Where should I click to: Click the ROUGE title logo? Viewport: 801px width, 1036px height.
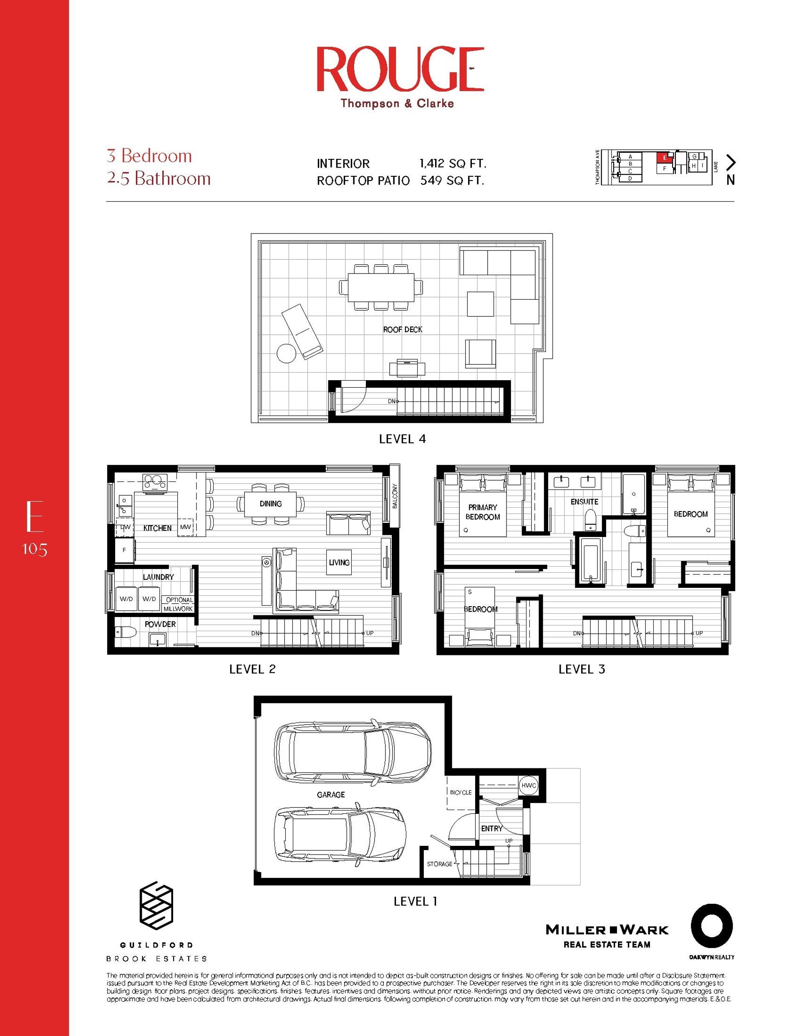(x=400, y=69)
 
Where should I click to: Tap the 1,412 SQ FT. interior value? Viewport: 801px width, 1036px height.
(x=453, y=164)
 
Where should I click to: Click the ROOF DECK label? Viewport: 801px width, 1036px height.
(x=403, y=329)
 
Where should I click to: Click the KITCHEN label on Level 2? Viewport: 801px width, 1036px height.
(x=157, y=528)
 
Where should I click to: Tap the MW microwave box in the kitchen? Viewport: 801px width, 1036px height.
(x=185, y=527)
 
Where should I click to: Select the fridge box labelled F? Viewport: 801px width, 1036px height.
(x=124, y=550)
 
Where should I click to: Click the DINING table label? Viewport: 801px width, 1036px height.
(x=271, y=504)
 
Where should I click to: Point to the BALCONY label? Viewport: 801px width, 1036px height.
(x=395, y=496)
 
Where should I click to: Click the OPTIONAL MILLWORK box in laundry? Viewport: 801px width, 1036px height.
(x=178, y=604)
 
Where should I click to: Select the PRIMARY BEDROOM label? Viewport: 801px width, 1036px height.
(x=482, y=512)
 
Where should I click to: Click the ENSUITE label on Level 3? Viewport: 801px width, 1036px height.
(x=584, y=502)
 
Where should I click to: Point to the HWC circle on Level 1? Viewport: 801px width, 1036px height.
(x=529, y=785)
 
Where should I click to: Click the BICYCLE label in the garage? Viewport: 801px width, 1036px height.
(x=461, y=792)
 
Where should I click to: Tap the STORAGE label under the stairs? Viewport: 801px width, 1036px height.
(x=439, y=864)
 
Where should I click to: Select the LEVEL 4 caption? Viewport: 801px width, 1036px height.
(x=402, y=439)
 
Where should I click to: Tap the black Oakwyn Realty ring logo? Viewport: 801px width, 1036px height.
(x=711, y=926)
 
